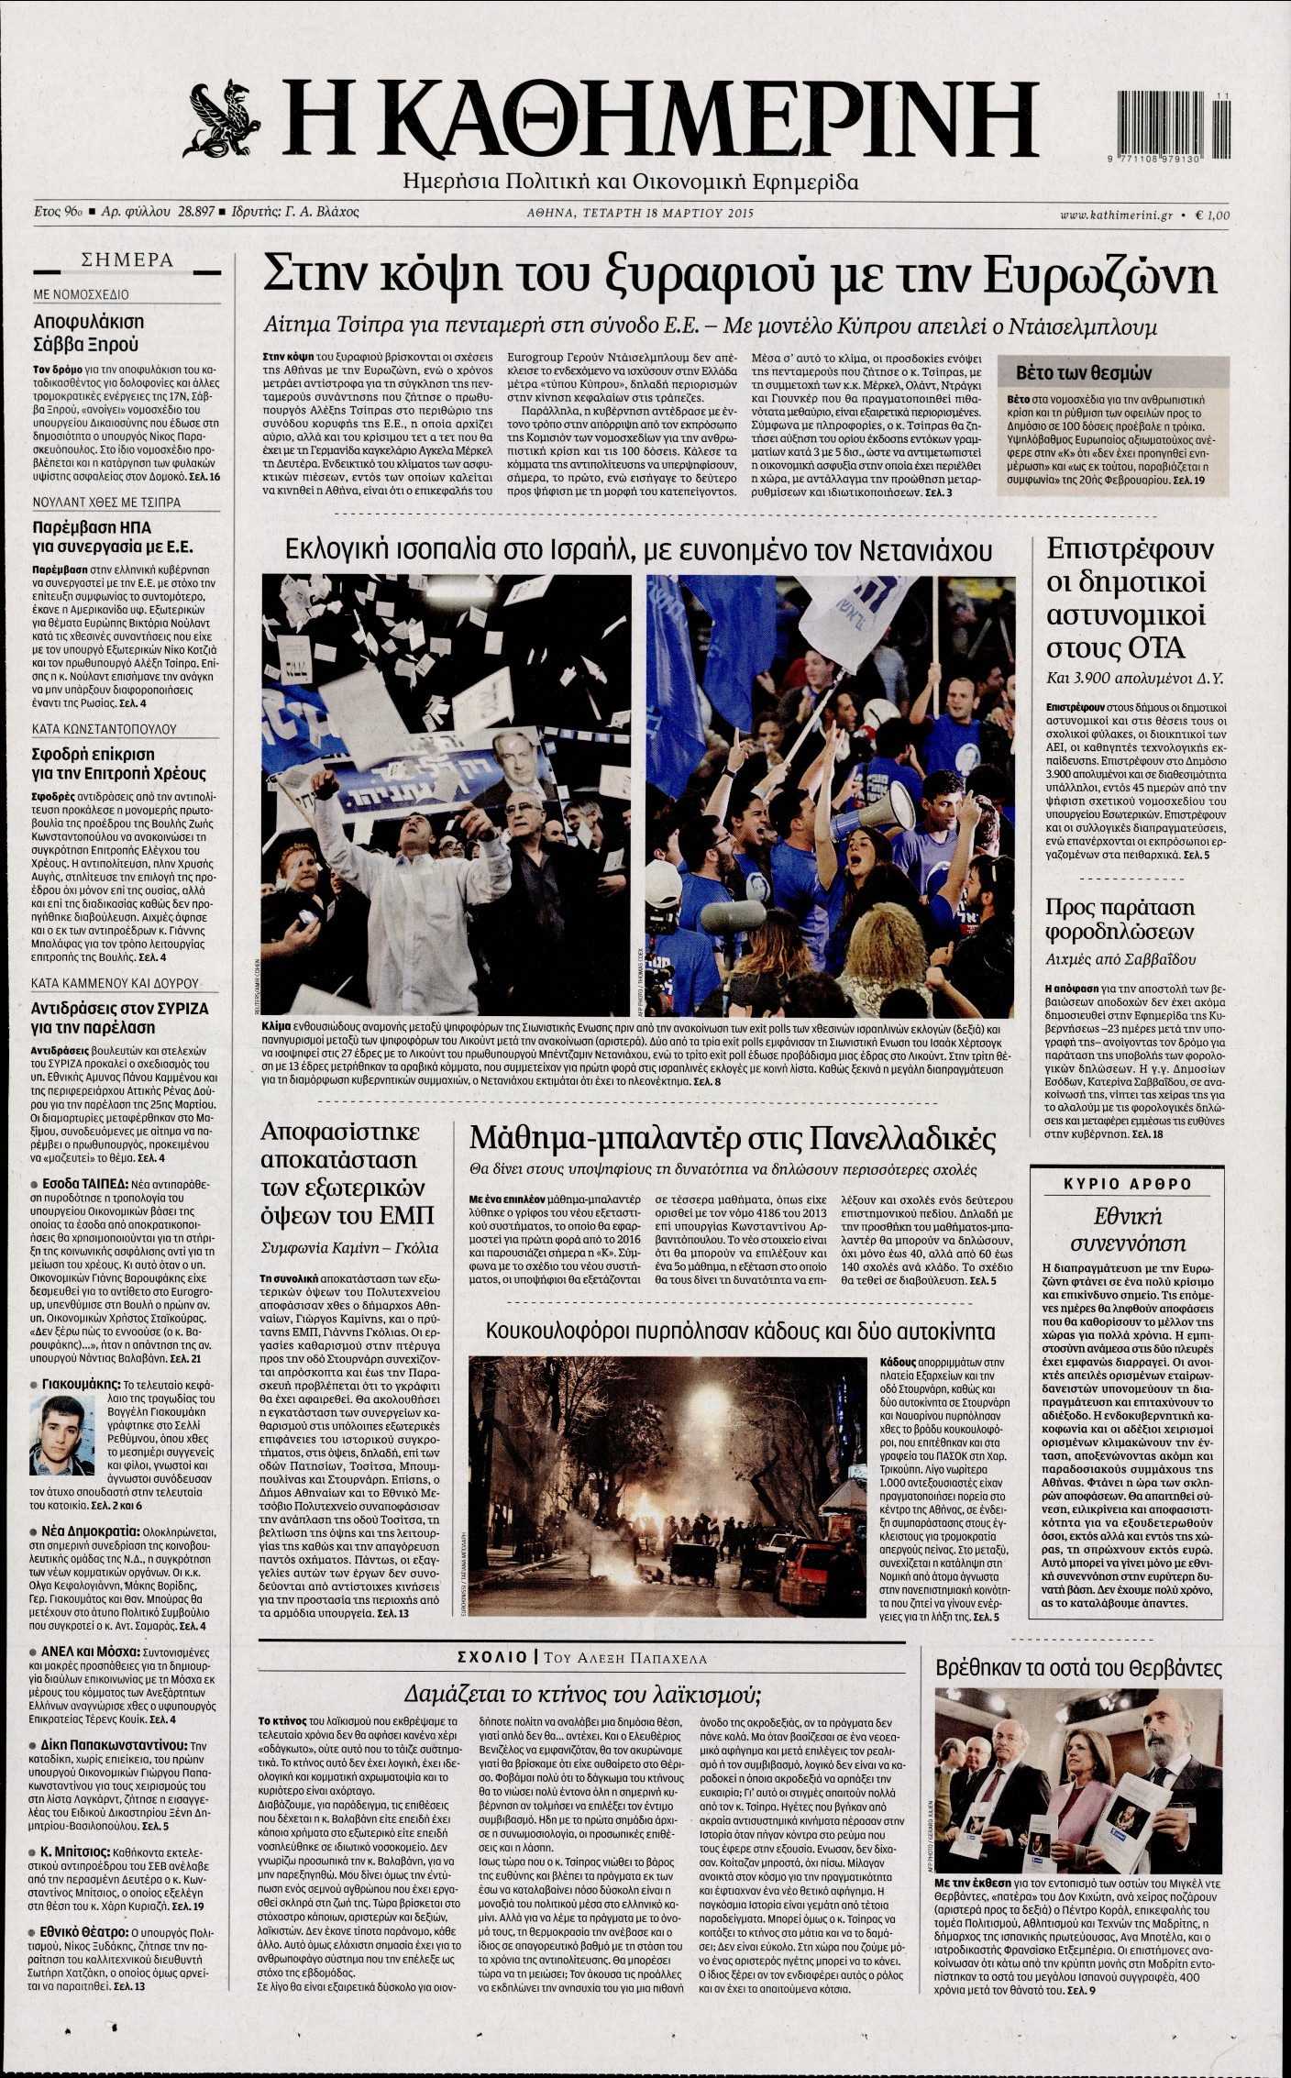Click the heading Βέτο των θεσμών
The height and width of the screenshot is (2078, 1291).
pyautogui.click(x=1084, y=373)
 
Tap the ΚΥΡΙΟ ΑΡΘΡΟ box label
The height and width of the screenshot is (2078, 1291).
pyautogui.click(x=1127, y=1184)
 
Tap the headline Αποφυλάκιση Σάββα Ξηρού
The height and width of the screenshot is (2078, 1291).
pyautogui.click(x=88, y=333)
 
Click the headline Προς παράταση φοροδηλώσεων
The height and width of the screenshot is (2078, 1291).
pyautogui.click(x=1120, y=920)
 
